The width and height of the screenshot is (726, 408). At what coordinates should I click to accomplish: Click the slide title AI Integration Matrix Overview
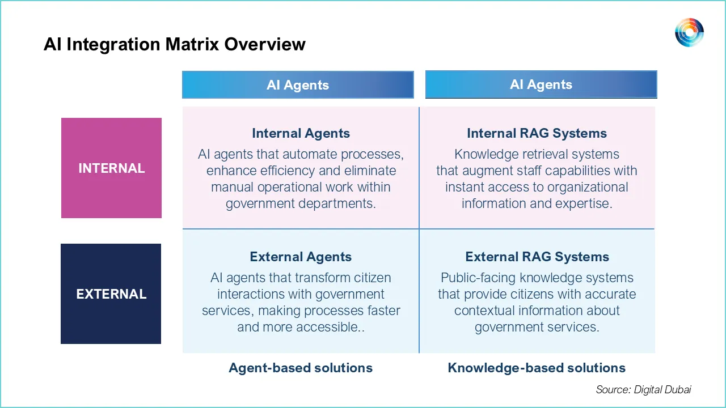click(x=174, y=44)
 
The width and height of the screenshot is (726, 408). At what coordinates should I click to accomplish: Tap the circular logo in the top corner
click(x=689, y=32)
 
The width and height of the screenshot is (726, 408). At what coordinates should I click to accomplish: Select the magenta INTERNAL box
click(x=111, y=168)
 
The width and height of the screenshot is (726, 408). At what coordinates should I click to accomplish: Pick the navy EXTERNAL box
click(x=111, y=294)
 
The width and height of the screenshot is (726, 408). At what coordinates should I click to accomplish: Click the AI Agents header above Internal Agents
click(x=298, y=85)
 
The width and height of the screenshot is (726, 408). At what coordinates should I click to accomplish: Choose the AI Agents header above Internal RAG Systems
click(x=541, y=84)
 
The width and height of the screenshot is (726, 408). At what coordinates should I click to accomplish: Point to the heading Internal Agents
click(x=301, y=134)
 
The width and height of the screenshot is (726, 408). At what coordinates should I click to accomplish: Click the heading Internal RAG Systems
click(x=537, y=134)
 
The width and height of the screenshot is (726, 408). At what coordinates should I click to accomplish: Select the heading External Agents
click(x=301, y=257)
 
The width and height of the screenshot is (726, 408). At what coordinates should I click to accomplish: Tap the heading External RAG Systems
click(x=537, y=257)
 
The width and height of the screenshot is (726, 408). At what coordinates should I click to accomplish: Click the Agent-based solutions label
click(x=301, y=368)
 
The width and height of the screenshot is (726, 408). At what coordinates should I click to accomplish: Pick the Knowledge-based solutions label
click(x=537, y=368)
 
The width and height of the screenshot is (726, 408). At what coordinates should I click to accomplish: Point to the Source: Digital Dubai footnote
click(x=643, y=389)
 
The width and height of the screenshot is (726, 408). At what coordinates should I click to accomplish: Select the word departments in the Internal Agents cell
click(x=340, y=203)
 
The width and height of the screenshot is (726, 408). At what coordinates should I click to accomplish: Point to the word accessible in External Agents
click(x=331, y=327)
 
